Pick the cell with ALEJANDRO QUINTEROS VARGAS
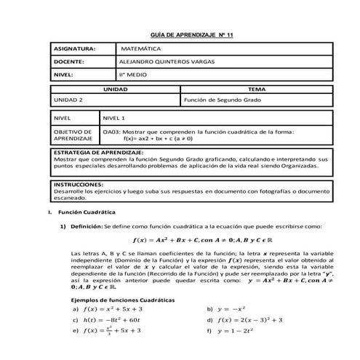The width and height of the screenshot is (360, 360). click(x=171, y=63)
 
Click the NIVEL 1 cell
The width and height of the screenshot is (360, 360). click(x=114, y=116)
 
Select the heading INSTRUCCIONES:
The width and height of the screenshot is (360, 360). click(x=78, y=185)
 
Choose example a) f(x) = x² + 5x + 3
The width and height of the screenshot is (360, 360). click(x=105, y=308)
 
